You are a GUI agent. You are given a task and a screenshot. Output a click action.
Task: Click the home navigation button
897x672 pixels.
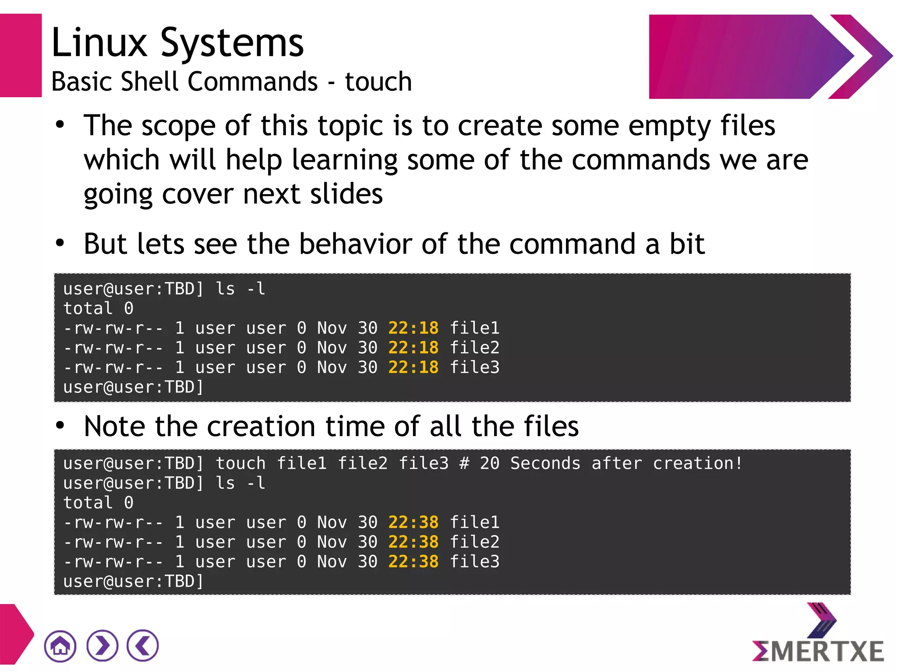click(60, 646)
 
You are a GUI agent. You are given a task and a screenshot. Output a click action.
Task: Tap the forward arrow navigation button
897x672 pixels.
click(102, 646)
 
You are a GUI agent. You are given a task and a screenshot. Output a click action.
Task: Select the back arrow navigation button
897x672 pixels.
click(143, 646)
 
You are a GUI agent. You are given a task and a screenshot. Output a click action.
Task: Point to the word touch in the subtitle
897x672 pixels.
click(378, 82)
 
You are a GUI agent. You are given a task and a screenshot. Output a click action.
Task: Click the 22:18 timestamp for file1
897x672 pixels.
click(413, 328)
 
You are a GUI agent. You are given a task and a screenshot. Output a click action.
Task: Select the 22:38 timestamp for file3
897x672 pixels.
click(413, 562)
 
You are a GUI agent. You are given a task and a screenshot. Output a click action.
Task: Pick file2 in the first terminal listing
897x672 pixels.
click(475, 348)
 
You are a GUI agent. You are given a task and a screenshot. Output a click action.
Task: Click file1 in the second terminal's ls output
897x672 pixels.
click(475, 522)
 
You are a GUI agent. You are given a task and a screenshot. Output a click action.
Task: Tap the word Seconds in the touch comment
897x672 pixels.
click(545, 463)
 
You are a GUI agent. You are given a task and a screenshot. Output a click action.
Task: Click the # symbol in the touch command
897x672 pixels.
click(464, 463)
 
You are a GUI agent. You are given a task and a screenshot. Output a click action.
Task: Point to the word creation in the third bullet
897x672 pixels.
click(261, 427)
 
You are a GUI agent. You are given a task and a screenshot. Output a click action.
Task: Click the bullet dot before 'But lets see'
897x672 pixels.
click(60, 243)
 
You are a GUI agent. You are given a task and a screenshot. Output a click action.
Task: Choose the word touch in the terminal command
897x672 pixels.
click(240, 463)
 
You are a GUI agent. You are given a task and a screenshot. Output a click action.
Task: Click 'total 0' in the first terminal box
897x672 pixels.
click(98, 308)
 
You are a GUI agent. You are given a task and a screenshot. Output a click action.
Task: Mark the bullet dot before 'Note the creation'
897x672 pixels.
click(60, 425)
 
